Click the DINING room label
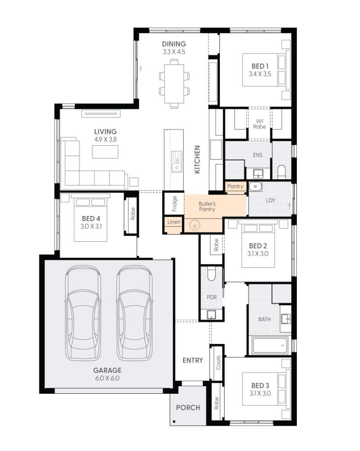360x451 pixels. click(x=174, y=44)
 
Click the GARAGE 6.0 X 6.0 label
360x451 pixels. click(x=107, y=371)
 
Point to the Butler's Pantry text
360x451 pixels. click(x=207, y=206)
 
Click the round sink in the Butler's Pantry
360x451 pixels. click(x=195, y=226)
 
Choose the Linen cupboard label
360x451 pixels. click(x=173, y=222)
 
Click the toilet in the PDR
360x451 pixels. click(x=212, y=275)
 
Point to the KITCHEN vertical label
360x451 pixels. click(x=197, y=160)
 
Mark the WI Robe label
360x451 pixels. click(x=259, y=124)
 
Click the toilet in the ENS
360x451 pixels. click(x=282, y=171)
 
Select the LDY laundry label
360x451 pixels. click(x=270, y=200)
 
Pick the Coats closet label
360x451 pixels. click(x=218, y=362)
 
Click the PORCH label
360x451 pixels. click(x=188, y=408)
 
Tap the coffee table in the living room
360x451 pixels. click(x=105, y=152)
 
